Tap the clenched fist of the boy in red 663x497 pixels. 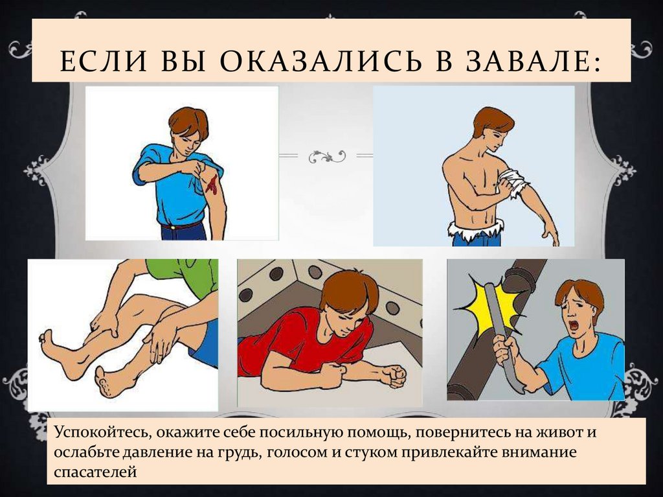[392, 375]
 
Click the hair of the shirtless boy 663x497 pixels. [491, 120]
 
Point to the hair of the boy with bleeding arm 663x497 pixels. [188, 121]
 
